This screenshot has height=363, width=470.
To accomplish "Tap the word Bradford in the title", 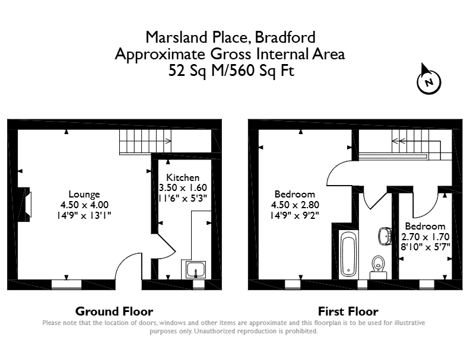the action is (x=285, y=37).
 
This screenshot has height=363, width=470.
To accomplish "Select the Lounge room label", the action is (x=84, y=194).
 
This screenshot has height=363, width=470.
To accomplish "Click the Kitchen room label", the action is (x=183, y=177).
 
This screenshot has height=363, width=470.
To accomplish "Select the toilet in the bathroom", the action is (x=378, y=267).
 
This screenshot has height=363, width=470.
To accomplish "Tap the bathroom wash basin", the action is (x=385, y=235).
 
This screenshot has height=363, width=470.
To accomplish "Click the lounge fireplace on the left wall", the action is (x=24, y=205).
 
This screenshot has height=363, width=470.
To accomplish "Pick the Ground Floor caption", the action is (x=114, y=311).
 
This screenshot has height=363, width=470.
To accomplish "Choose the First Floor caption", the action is (x=348, y=311).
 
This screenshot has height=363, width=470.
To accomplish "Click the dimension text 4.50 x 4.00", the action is (x=84, y=205).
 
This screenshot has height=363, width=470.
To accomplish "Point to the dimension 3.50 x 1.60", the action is (x=183, y=188).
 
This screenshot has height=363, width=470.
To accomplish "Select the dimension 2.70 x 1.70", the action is (x=425, y=237).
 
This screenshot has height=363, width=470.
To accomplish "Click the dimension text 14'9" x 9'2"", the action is (x=295, y=215).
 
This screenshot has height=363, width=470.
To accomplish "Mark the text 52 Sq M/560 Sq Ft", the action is (x=231, y=71).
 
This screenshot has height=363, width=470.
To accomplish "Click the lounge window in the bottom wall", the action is (x=66, y=285).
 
